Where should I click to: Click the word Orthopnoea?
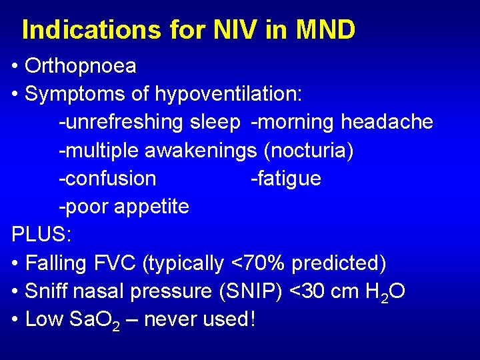[x=80, y=66]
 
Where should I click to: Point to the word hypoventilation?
[x=229, y=95]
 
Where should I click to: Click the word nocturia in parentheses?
[x=309, y=151]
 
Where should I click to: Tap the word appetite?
[x=151, y=207]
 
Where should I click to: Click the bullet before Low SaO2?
[x=15, y=319]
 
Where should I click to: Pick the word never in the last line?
[x=171, y=319]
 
